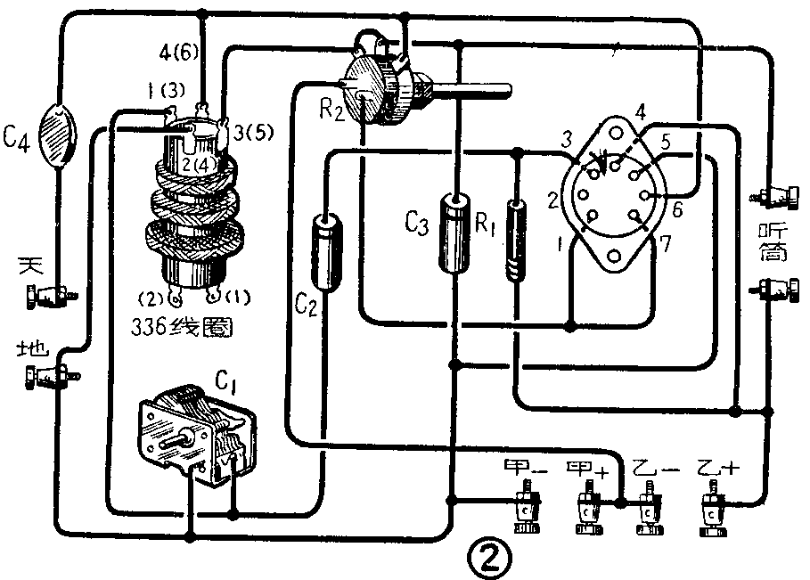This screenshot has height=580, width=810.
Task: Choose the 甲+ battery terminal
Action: (587, 508)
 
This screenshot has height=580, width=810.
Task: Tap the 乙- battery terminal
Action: (650, 508)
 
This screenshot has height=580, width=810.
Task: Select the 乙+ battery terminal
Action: (713, 508)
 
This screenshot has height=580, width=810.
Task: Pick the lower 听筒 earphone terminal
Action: (772, 289)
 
